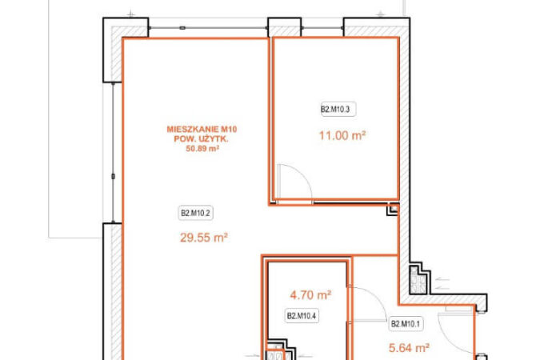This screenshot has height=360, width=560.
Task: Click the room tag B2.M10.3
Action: point(338,110)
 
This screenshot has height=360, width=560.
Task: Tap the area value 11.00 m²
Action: point(342,136)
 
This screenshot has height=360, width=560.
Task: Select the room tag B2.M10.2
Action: point(196,214)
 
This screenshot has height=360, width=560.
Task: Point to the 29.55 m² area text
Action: point(203,238)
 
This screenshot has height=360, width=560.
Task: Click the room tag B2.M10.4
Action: point(302,316)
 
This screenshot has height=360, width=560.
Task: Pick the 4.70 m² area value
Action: point(310,295)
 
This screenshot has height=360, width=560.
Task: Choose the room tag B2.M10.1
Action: point(406,324)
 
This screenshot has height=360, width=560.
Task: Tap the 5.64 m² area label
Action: point(409,347)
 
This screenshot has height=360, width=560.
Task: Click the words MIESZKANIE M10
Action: point(202,130)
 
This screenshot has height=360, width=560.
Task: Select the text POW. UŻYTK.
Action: point(201,139)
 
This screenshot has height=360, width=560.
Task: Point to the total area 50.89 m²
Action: point(202,149)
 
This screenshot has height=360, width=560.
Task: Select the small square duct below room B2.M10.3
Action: point(393,210)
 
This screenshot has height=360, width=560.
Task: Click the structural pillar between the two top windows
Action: point(284,27)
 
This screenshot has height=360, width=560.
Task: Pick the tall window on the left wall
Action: point(114,153)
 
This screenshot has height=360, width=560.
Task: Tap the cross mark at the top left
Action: point(131,14)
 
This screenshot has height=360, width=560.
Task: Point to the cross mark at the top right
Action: point(380,14)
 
